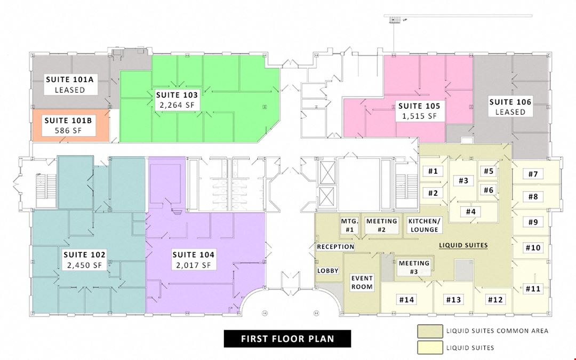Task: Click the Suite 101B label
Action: (68, 125)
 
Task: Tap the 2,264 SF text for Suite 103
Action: (177, 105)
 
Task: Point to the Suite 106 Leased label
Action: (510, 107)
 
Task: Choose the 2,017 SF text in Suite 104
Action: (194, 265)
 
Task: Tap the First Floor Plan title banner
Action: (287, 339)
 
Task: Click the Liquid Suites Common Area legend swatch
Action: (430, 331)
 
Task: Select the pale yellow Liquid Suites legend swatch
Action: (430, 348)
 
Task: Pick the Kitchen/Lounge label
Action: (425, 225)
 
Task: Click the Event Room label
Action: (362, 283)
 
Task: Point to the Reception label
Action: (335, 247)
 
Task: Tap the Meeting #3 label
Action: (414, 267)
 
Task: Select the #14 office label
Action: (406, 300)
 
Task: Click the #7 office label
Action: (533, 174)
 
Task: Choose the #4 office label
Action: (471, 212)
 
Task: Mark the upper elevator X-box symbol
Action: (327, 172)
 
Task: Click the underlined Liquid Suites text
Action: (463, 245)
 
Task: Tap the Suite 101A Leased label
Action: (70, 84)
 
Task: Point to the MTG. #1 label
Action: (349, 226)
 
